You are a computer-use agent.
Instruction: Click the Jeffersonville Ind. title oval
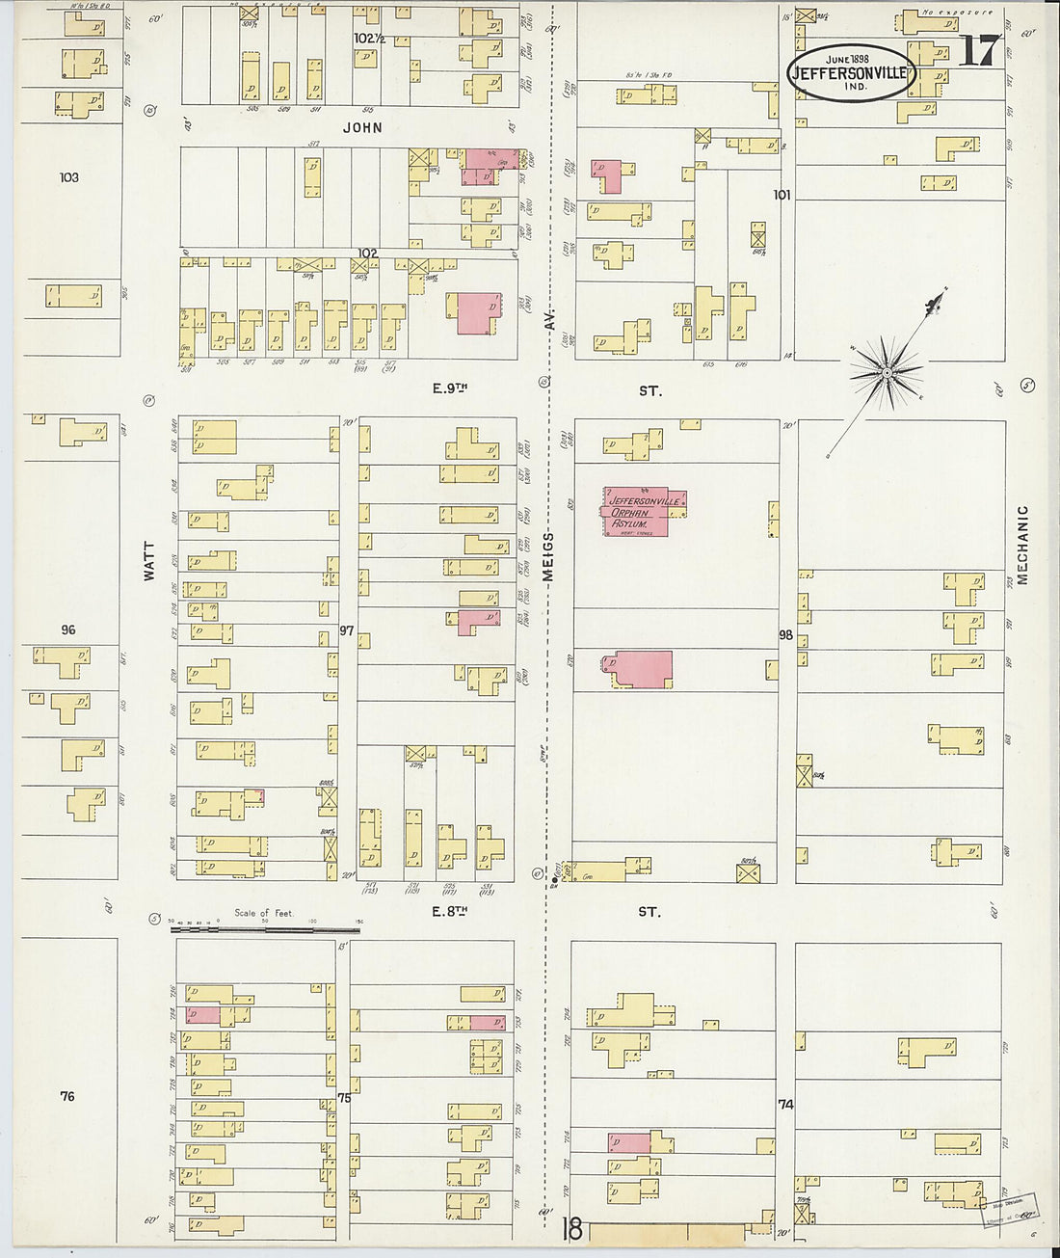click(850, 72)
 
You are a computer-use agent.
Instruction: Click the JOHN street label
click(361, 127)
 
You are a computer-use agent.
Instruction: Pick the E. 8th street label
click(449, 911)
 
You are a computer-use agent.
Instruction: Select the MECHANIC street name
click(1022, 545)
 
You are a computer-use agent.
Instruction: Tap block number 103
click(68, 177)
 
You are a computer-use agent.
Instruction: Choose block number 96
click(67, 629)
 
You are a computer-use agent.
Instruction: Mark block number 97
click(347, 631)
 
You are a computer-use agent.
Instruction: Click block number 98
click(786, 634)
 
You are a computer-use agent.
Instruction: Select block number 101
click(782, 195)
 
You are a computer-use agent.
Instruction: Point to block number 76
click(66, 1096)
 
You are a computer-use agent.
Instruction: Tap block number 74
click(785, 1105)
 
